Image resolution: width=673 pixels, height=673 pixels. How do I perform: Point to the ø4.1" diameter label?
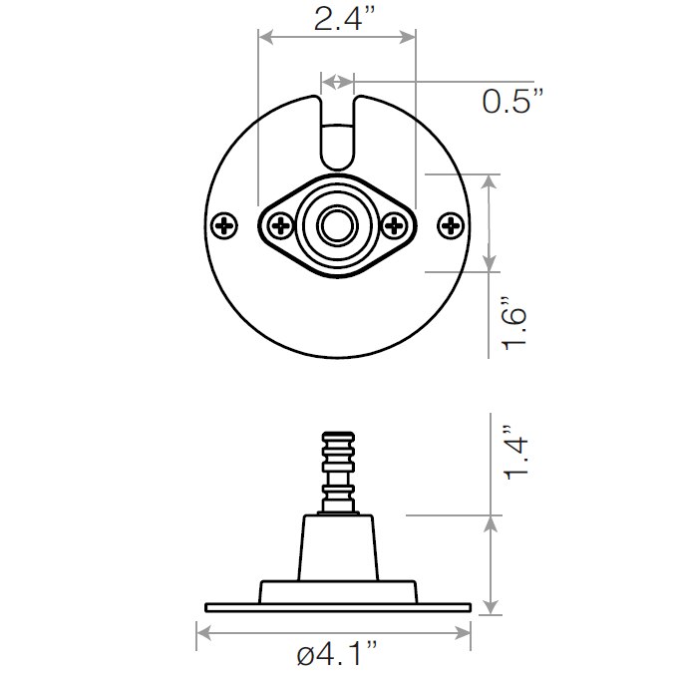[337, 655]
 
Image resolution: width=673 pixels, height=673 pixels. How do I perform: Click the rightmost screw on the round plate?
[452, 226]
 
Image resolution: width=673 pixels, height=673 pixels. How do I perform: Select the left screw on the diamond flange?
[278, 226]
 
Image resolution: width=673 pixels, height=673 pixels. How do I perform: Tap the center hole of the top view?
[337, 226]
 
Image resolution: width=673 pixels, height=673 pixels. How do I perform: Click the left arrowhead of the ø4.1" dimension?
[202, 631]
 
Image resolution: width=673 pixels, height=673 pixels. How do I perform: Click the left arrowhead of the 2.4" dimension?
[264, 37]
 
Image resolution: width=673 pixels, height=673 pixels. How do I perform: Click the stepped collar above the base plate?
[337, 590]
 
